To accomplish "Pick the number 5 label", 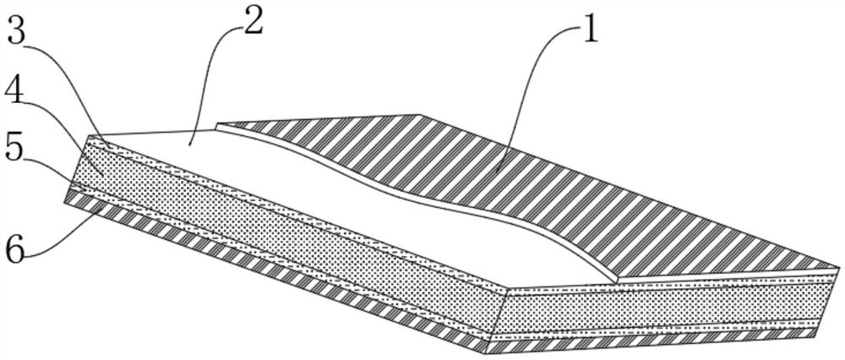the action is click(17, 150).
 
